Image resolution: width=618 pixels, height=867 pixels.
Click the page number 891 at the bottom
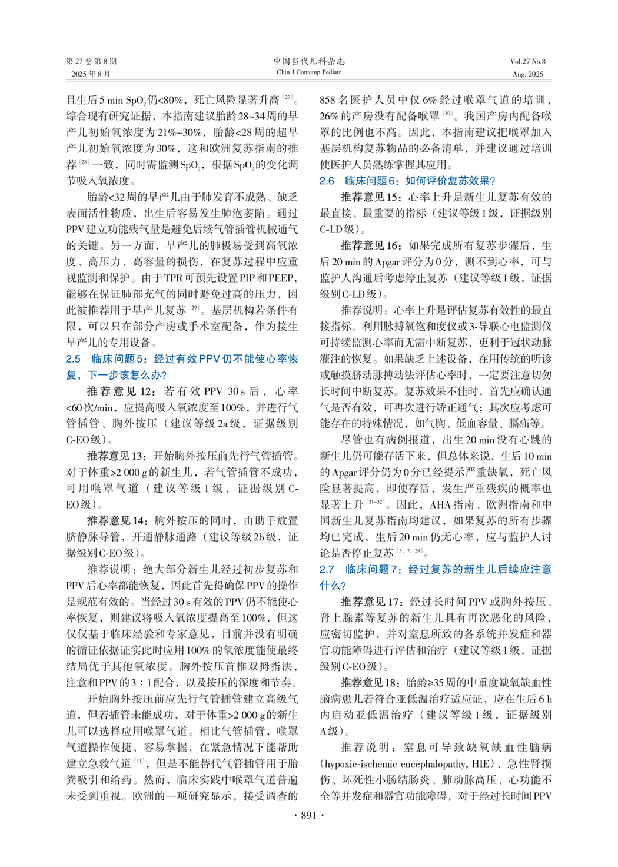coord(308,815)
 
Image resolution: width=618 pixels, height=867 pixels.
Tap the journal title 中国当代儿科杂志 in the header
coord(308,61)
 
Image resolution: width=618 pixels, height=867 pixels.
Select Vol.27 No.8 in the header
coord(527,61)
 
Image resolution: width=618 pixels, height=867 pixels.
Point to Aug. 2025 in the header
coord(527,74)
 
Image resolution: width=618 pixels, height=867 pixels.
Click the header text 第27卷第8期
coord(91,61)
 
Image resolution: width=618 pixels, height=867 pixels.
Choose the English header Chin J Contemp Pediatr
coord(308,72)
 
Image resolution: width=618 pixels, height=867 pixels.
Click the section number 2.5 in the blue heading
coord(73,359)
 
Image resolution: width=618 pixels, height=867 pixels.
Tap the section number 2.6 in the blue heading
coord(327,181)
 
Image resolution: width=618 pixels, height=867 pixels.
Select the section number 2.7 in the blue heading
coord(327,569)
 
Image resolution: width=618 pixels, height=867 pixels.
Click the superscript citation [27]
coord(287,97)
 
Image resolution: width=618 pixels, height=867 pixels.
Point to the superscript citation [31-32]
coord(375,501)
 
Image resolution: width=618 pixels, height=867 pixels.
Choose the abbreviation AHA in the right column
coord(440,504)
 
